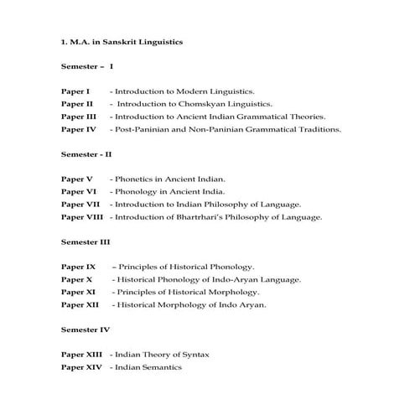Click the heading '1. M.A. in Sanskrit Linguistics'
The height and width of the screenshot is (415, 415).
tap(122, 40)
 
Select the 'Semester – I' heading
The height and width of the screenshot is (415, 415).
tap(87, 65)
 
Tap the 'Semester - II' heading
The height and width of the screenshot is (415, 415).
tap(86, 154)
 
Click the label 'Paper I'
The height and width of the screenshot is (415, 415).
tap(75, 91)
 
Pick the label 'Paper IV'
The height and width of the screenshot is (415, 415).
tap(79, 130)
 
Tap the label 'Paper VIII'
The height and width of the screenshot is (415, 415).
tap(81, 217)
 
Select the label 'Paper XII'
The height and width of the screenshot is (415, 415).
tap(80, 305)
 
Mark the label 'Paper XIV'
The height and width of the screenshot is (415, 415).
tap(81, 367)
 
